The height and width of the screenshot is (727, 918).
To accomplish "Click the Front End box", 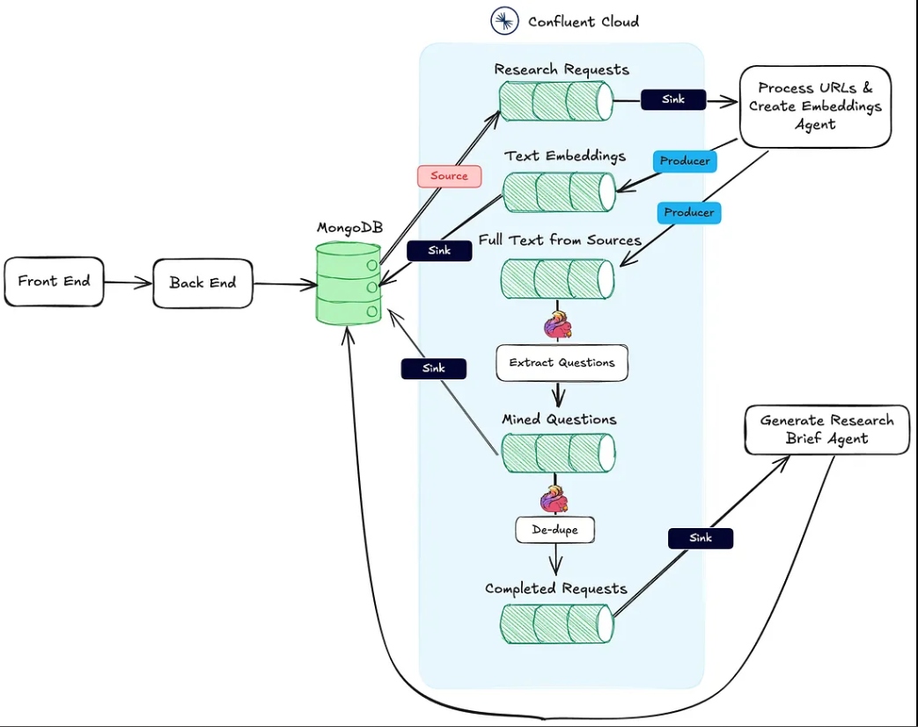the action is click(54, 282).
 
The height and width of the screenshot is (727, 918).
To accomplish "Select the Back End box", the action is click(202, 283).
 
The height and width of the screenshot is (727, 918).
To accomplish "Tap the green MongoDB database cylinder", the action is click(349, 283).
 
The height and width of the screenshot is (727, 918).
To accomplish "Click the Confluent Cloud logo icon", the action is click(504, 21).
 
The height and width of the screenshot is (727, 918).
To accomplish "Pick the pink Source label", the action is click(449, 176).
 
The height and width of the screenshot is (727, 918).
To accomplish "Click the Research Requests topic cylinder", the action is click(555, 101).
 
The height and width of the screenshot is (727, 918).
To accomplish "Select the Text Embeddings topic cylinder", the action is click(559, 192).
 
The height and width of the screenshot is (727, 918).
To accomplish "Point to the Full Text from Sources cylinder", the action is click(557, 280).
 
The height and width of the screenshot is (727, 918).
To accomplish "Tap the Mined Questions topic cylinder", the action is click(559, 453).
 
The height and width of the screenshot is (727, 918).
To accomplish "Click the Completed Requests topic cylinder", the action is click(557, 623).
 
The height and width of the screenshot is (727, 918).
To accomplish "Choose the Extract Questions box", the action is click(562, 363).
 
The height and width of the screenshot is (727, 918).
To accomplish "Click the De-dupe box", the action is click(555, 530).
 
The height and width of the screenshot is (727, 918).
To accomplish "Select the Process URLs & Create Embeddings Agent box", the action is click(815, 106).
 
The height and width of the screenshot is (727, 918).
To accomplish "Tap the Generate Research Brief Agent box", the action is click(826, 430).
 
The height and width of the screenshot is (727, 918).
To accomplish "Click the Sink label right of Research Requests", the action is click(673, 99).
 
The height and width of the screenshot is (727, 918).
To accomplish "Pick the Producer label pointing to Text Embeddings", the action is click(685, 161).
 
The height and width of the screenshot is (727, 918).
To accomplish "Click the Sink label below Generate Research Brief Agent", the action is click(701, 538).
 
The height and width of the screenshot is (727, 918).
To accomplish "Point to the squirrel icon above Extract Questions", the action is click(557, 326).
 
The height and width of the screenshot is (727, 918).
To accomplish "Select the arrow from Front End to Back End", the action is click(128, 283).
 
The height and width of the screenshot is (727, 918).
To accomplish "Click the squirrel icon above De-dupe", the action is click(554, 499).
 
